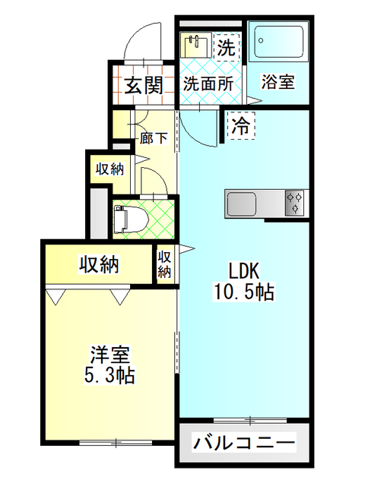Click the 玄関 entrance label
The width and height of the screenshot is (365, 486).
coord(144,85)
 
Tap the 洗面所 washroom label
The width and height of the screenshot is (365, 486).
coord(208,84)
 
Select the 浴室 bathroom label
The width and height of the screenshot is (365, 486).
coord(278,82)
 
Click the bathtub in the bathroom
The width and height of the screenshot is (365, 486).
coord(279,42)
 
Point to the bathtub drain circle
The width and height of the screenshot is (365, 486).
coord(261,40)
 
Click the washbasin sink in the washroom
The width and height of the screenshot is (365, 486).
coord(196,46)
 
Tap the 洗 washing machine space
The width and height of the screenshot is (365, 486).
coord(227,47)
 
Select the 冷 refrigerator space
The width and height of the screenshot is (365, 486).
coord(241,125)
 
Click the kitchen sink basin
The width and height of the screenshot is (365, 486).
coord(242,204)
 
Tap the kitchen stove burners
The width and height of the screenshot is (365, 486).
coord(294,203)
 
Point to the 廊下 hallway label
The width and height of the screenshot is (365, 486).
coord(154,138)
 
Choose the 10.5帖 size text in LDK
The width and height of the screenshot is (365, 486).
coord(244,292)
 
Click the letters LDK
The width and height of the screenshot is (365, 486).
coord(244,271)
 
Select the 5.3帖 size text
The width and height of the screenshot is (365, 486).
coord(109,375)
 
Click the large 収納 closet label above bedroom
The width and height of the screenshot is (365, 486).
coord(99,264)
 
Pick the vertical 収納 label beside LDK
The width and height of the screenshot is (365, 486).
coord(164,264)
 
